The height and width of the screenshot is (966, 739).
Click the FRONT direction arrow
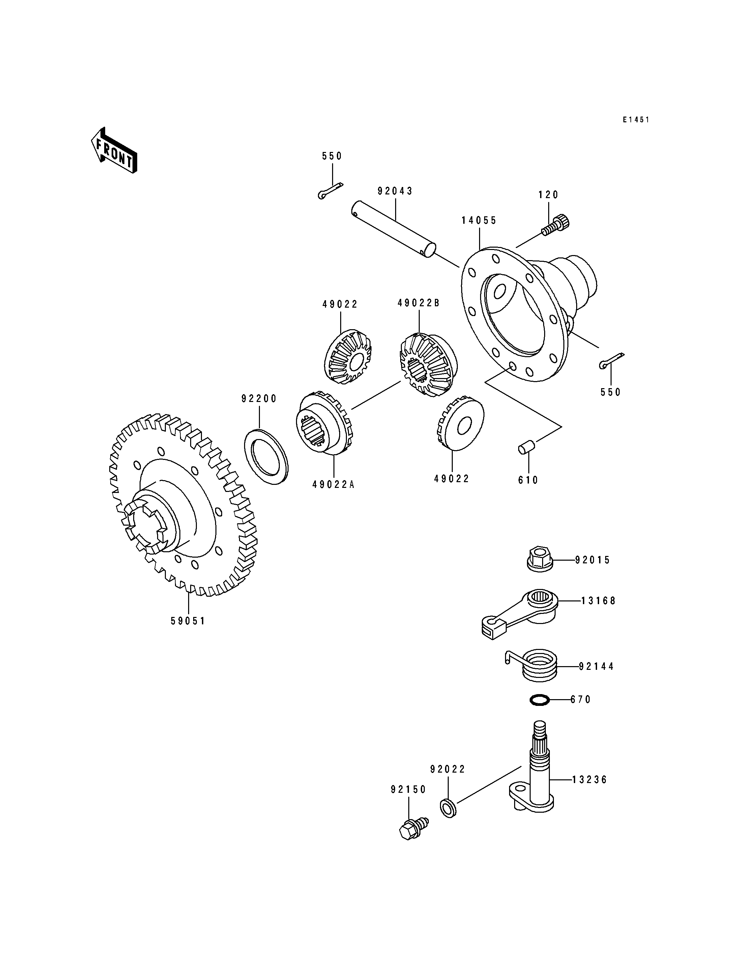(x=114, y=150)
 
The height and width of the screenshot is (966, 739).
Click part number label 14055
(x=479, y=220)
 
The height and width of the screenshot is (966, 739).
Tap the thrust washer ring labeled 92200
(x=266, y=458)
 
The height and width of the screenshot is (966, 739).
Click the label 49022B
(x=418, y=303)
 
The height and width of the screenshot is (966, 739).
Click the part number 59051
(x=188, y=621)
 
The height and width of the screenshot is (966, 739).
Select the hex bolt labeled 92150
(x=413, y=828)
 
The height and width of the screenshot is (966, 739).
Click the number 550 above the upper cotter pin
(x=332, y=156)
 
